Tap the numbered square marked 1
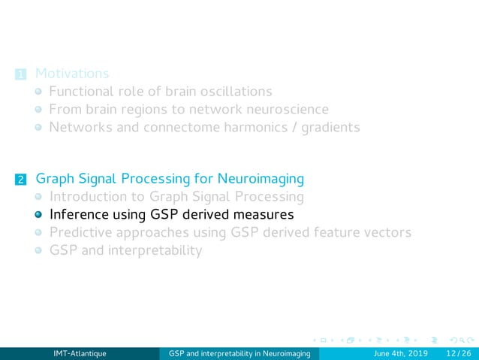tap(20, 74)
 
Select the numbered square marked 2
tap(20, 180)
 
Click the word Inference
tap(79, 215)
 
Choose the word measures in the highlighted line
tap(262, 215)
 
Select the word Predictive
tap(82, 232)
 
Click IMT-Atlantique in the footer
tap(80, 353)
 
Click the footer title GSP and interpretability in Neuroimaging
tap(240, 353)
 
